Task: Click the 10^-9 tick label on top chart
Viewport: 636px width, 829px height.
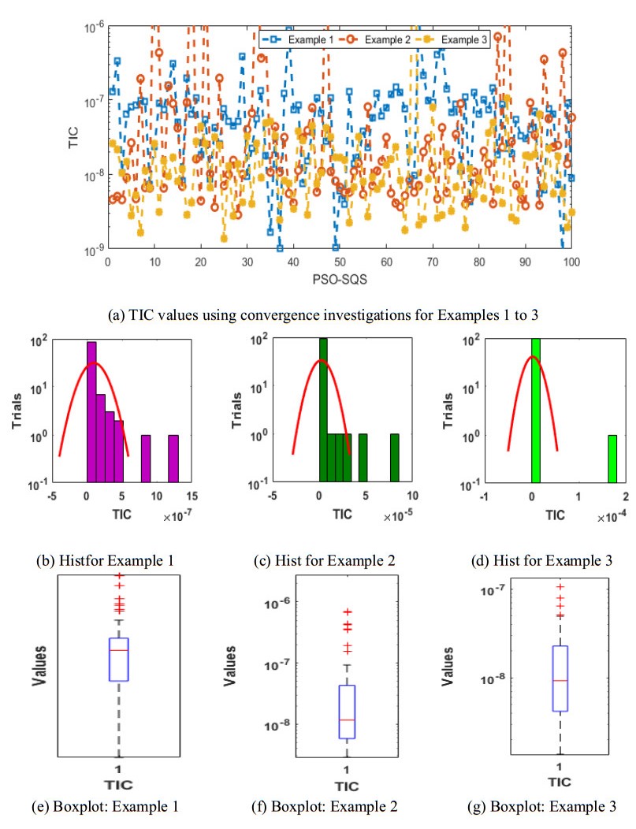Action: pos(94,250)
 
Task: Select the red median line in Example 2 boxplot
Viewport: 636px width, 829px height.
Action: pos(347,720)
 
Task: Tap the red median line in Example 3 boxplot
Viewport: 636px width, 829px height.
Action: pos(560,680)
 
